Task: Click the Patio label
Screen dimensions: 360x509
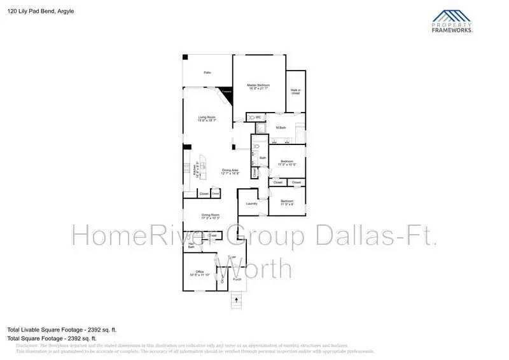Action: click(207, 73)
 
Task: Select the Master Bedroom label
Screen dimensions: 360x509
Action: click(258, 87)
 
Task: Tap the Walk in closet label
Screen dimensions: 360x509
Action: click(295, 92)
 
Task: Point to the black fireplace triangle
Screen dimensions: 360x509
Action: click(227, 92)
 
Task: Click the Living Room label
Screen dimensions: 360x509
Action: click(207, 118)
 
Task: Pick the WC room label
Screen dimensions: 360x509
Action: click(258, 118)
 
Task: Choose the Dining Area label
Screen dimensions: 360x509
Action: click(230, 172)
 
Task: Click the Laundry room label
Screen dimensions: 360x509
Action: click(251, 204)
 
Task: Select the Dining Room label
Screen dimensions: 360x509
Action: click(211, 216)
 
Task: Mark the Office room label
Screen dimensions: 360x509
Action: click(199, 273)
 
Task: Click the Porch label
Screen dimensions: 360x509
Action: click(237, 279)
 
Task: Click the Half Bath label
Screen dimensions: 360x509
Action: click(192, 245)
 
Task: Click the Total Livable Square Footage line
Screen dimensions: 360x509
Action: click(62, 329)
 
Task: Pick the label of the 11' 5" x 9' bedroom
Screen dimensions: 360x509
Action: click(287, 203)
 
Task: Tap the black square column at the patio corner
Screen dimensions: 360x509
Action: click(185, 57)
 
